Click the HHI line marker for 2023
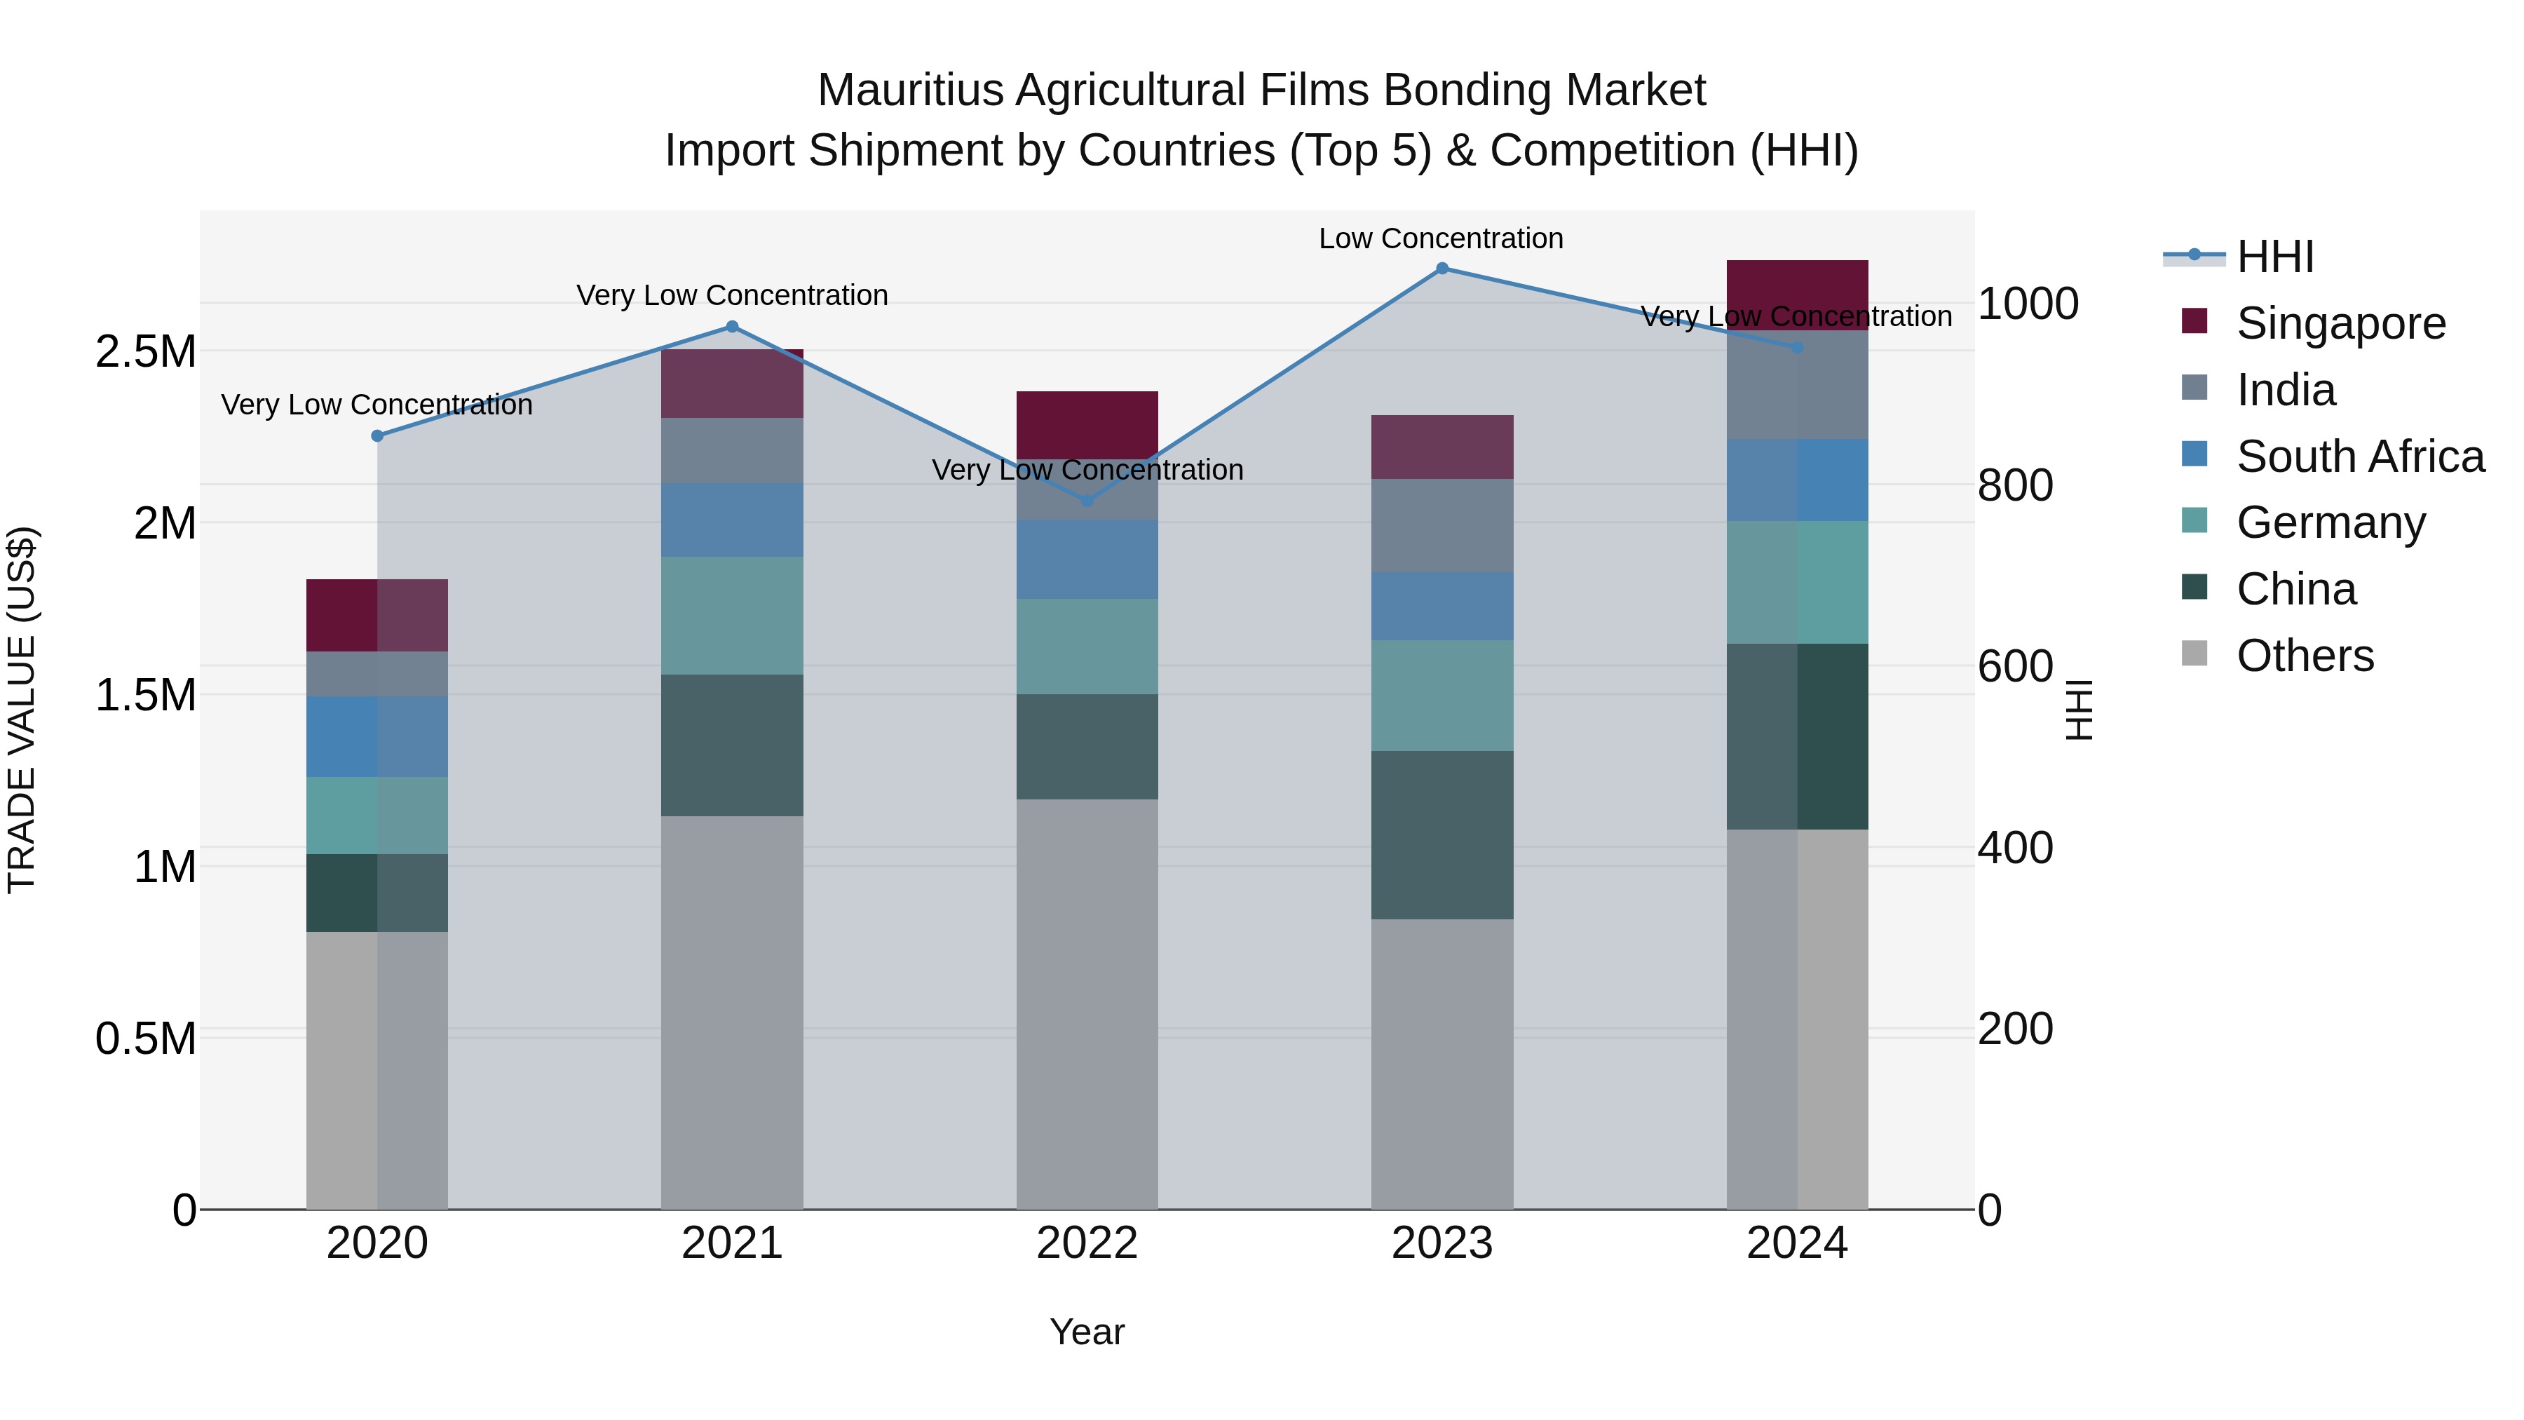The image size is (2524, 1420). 1441,269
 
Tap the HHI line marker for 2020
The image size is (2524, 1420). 377,436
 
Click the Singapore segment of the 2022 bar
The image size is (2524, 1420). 1087,424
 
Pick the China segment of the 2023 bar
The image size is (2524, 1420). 1441,835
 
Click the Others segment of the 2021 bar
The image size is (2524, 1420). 732,1013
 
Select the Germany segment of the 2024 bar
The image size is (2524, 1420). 1797,582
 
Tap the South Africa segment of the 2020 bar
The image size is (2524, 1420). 377,737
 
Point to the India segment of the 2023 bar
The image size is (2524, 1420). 1441,525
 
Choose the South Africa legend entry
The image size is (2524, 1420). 2359,457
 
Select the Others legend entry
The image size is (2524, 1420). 2305,656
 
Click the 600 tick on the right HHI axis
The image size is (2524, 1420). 2014,666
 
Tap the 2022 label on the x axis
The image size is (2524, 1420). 1087,1243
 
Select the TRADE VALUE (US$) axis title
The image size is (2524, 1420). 22,710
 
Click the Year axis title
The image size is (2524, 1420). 1087,1332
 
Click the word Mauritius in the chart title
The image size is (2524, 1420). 911,90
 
